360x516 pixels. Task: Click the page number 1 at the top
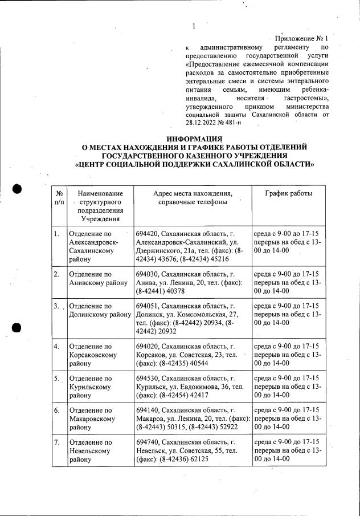[x=194, y=26]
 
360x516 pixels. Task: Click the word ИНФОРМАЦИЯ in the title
[x=194, y=139]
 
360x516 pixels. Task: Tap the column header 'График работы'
[x=288, y=194]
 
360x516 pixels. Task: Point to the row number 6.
[x=56, y=411]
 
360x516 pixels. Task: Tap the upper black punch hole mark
[x=17, y=190]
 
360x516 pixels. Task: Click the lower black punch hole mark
[x=17, y=327]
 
